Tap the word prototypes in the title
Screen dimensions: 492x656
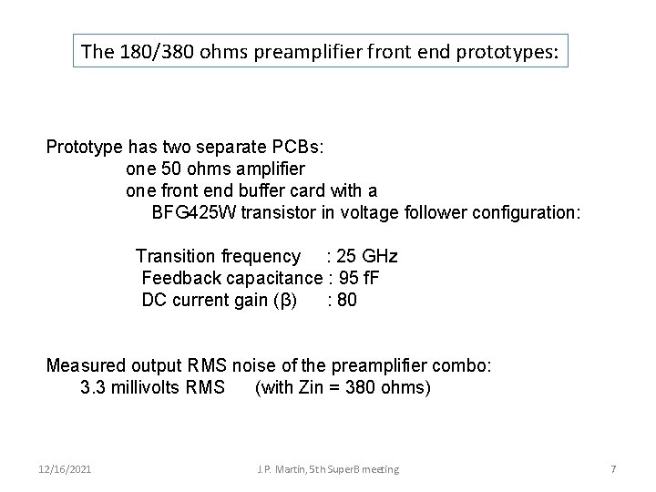[x=508, y=52]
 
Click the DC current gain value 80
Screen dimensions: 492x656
[x=347, y=300]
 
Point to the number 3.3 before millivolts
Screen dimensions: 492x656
[x=92, y=387]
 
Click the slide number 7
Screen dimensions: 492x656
[x=613, y=468]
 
